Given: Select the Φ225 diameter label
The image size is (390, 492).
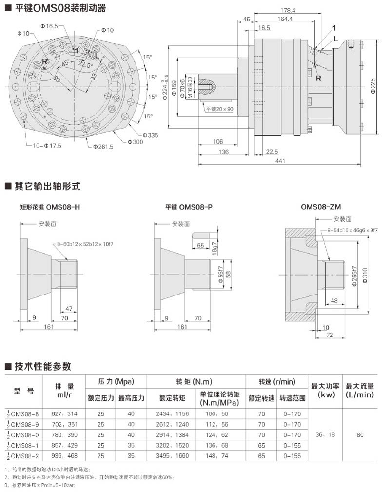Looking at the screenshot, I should [x=373, y=87].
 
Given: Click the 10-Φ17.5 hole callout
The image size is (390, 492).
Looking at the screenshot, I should [x=47, y=146].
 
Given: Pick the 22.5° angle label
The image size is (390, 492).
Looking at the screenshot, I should [x=86, y=65].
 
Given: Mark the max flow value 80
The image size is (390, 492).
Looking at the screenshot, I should [x=360, y=435].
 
